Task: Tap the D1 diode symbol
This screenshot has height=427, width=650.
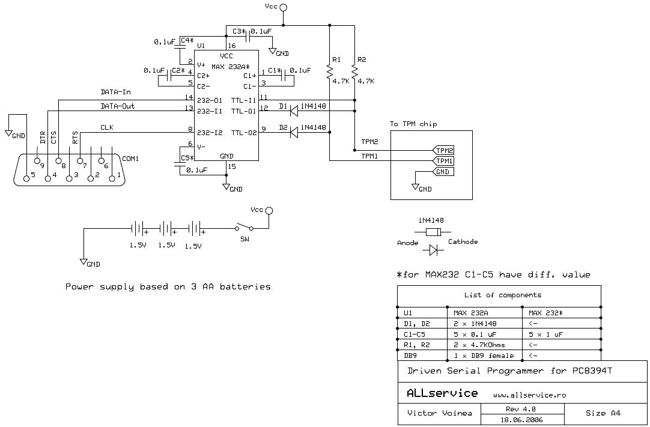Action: (x=294, y=111)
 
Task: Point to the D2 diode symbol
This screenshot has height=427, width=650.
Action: (x=294, y=132)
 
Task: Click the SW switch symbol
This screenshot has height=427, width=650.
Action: (x=245, y=227)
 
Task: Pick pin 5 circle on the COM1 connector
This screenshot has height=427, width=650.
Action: (x=26, y=178)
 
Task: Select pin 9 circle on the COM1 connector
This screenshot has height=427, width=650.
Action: (x=37, y=161)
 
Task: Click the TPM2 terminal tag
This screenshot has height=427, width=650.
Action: (x=443, y=150)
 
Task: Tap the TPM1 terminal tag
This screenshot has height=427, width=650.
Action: (x=443, y=161)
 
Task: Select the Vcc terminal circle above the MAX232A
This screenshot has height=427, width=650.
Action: (x=284, y=7)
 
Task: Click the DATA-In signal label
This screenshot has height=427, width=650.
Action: (x=116, y=92)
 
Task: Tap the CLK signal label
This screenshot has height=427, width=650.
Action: (x=107, y=128)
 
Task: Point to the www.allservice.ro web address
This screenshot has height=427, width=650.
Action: (x=529, y=395)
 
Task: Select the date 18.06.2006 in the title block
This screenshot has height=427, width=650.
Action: (x=522, y=419)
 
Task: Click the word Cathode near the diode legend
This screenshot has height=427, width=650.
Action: (x=463, y=241)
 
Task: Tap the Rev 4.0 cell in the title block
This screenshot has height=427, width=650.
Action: (x=522, y=409)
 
